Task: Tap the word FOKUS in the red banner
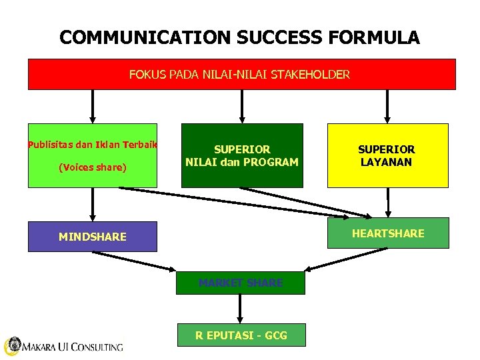144,74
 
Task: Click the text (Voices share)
92,167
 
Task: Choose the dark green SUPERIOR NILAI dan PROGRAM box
241,155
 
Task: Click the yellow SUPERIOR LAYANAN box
387,155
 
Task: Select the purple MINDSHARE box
92,237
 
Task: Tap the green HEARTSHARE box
388,233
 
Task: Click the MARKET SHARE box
241,283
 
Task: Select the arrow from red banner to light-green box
93,107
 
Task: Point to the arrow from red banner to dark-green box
241,107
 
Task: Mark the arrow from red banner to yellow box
388,107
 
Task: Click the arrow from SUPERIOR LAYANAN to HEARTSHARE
388,203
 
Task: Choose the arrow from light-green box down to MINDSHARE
93,204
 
